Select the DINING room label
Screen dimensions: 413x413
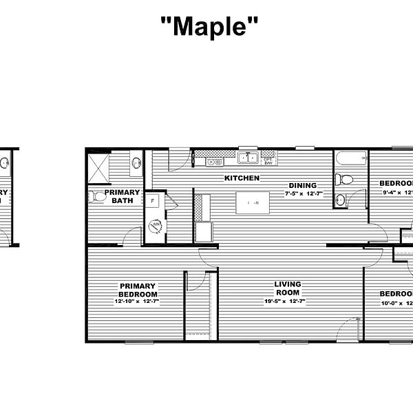[x=302, y=185]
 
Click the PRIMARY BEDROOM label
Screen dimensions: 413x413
[x=138, y=290]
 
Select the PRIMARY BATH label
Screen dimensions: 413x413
[x=123, y=196]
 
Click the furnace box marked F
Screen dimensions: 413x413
[x=151, y=201]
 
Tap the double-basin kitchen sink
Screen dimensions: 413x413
[x=247, y=158]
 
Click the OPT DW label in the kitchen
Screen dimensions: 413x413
[x=268, y=160]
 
